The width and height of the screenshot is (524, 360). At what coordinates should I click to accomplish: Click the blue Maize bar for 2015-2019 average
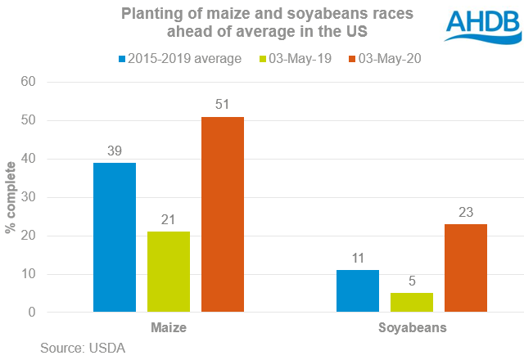pyautogui.click(x=115, y=237)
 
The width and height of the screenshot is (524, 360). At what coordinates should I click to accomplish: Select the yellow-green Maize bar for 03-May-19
pyautogui.click(x=169, y=272)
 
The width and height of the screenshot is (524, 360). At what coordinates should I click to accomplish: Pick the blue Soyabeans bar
pyautogui.click(x=358, y=291)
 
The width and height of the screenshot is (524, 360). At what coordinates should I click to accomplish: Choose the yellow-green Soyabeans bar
pyautogui.click(x=412, y=303)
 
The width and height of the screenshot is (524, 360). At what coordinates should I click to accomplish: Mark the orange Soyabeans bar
pyautogui.click(x=466, y=268)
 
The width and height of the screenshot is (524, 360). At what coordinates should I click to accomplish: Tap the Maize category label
pyautogui.click(x=169, y=328)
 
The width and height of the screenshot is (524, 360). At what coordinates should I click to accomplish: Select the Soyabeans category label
pyautogui.click(x=412, y=328)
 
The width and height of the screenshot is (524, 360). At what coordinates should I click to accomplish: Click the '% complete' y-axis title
pyautogui.click(x=11, y=197)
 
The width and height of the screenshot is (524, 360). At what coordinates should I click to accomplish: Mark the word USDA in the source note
pyautogui.click(x=108, y=348)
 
